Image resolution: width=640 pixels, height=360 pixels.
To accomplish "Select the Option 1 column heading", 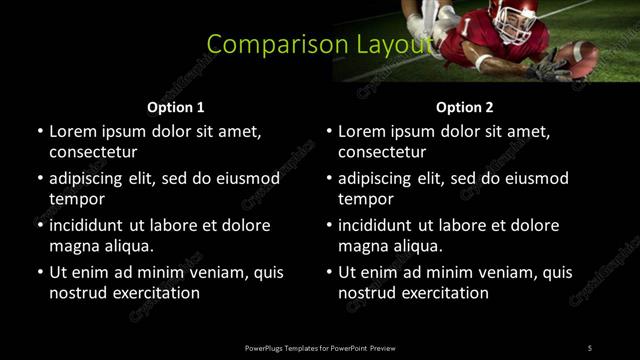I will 176,107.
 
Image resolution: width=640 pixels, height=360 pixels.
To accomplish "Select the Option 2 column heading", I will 465,107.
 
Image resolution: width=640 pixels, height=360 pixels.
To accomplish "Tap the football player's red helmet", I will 520,16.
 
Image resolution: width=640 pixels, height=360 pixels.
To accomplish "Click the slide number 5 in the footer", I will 589,348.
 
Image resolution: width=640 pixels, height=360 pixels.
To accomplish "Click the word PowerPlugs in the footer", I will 266,348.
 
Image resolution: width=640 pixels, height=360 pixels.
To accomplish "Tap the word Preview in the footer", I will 383,348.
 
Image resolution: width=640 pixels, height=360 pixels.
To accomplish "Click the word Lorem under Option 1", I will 72,131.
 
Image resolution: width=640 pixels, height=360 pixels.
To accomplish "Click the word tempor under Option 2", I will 362,199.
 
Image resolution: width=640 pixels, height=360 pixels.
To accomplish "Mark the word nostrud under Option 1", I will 76,293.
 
